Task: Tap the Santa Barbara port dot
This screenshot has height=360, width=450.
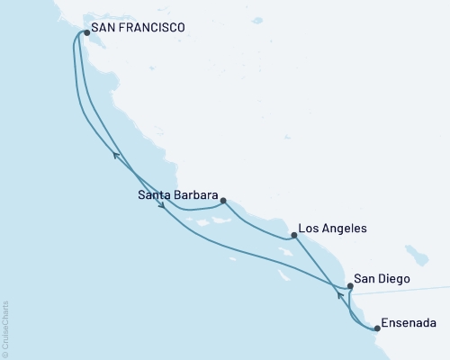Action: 223,202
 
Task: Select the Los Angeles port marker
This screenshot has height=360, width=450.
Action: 294,235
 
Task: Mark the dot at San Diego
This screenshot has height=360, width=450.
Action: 350,285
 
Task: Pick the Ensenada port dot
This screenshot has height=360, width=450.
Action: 377,328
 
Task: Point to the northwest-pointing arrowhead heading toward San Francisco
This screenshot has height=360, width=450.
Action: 116,156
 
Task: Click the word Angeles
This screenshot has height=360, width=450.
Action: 346,229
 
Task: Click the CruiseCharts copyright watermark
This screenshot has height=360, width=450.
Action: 5,329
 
